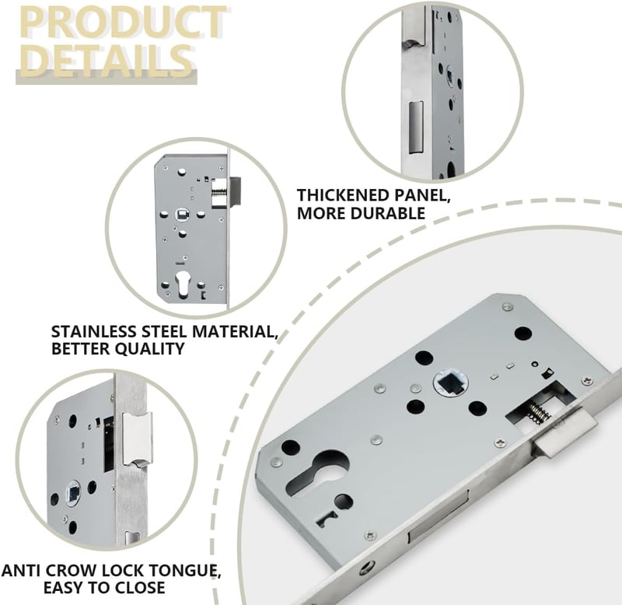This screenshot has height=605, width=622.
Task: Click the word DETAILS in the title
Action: click(106, 61)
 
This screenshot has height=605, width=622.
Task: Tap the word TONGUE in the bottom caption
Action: click(190, 571)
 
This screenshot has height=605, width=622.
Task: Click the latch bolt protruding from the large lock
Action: click(565, 434)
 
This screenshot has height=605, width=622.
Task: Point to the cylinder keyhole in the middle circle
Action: click(183, 283)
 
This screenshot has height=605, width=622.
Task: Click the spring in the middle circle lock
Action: click(219, 193)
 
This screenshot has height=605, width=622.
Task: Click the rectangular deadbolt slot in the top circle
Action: click(416, 127)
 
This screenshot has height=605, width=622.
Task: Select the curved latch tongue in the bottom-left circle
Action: click(138, 439)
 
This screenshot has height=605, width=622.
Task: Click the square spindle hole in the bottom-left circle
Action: click(74, 492)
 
